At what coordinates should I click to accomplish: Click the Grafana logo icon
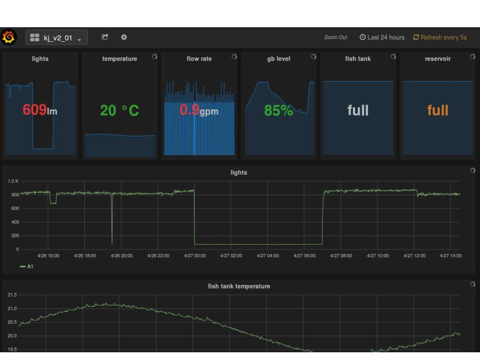[9, 38]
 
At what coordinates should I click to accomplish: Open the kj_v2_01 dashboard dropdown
[56, 38]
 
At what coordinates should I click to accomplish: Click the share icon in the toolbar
[105, 38]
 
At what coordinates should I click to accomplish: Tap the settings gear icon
[124, 38]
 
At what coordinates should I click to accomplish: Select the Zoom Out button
[336, 38]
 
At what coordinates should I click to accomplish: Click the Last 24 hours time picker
[382, 38]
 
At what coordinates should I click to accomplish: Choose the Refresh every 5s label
[440, 38]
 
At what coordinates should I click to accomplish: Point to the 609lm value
[40, 110]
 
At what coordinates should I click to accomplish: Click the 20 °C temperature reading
[119, 110]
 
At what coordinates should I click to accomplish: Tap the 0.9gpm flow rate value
[199, 110]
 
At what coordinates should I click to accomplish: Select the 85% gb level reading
[279, 110]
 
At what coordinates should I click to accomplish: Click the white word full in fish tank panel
[358, 110]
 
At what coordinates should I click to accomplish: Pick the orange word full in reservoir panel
[437, 110]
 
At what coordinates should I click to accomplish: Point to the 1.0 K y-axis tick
[13, 181]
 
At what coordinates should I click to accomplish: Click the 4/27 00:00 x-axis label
[195, 256]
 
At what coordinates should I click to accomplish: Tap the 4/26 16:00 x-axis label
[48, 256]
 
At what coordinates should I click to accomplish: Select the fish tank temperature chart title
[239, 286]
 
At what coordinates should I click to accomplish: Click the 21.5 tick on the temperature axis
[12, 295]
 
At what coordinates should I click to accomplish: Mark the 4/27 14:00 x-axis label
[451, 256]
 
